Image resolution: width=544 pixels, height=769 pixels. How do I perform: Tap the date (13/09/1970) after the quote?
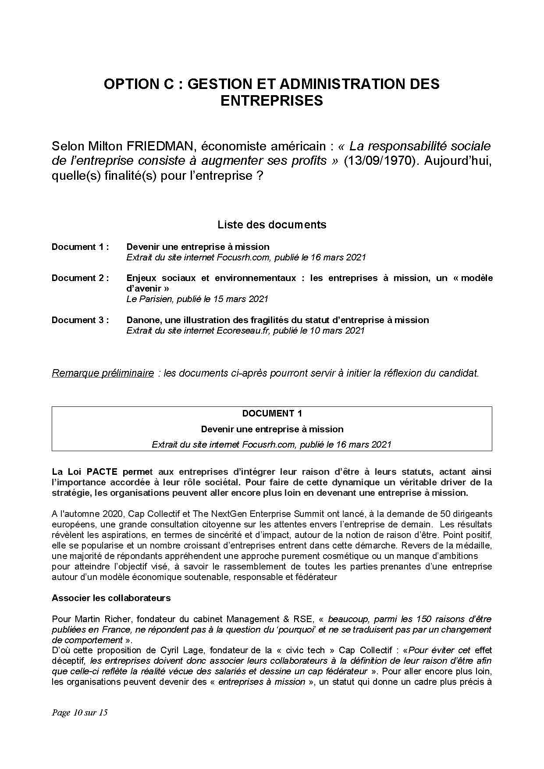coord(377,161)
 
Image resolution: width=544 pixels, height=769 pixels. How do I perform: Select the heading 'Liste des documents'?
coord(272,225)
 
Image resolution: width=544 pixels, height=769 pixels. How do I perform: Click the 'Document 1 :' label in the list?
coord(80,247)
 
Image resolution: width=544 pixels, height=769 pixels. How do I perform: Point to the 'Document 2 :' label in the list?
coord(80,278)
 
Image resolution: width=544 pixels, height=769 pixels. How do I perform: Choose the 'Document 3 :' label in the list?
coord(80,320)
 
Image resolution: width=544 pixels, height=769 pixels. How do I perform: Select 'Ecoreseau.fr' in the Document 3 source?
coord(244,331)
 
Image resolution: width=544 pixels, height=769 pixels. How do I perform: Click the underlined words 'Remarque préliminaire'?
coord(103,373)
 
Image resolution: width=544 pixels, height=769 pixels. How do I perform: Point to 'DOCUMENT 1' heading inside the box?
coord(272,413)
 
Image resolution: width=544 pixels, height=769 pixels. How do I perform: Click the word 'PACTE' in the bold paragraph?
coord(102,472)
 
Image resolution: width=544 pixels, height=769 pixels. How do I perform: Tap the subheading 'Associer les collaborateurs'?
coord(111,598)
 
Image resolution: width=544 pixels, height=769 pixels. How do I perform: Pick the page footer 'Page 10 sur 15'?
coord(80,712)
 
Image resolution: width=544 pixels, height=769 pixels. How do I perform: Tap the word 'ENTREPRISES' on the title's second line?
coord(271,101)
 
